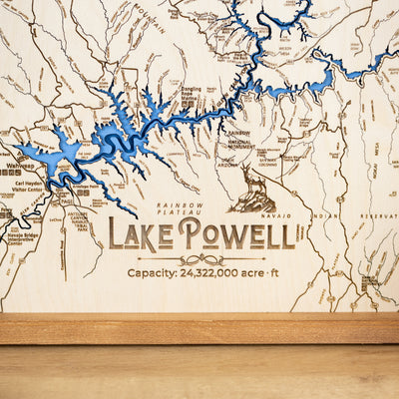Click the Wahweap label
[x=20, y=166]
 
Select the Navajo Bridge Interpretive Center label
[x=22, y=240]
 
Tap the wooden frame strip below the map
[x=199, y=328]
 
